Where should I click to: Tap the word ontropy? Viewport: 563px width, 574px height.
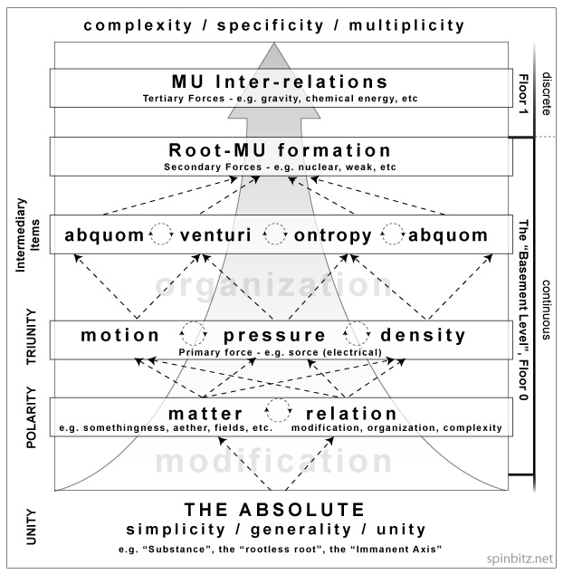tap(333, 235)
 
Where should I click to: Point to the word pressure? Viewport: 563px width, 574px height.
tap(275, 335)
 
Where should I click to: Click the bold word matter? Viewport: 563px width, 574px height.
tap(206, 413)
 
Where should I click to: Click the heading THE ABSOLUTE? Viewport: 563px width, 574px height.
tap(275, 509)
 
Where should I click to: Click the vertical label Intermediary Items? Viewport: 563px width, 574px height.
tap(30, 233)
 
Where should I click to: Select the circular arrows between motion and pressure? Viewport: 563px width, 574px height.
tap(193, 333)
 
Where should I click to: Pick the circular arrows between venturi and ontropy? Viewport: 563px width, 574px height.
tap(275, 234)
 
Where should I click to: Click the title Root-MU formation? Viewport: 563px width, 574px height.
tap(280, 151)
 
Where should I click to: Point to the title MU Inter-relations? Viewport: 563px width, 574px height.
tap(280, 82)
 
